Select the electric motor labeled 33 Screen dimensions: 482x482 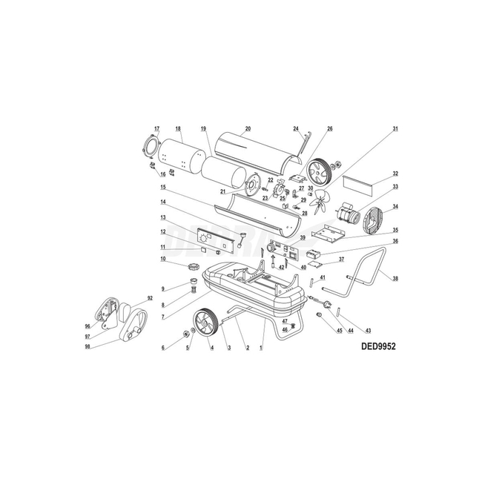349,214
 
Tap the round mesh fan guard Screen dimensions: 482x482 376,217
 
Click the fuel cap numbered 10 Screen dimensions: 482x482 194,265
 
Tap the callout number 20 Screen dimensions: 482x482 248,129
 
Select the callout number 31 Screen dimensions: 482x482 396,129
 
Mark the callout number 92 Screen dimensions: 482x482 150,298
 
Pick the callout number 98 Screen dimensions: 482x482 88,346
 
